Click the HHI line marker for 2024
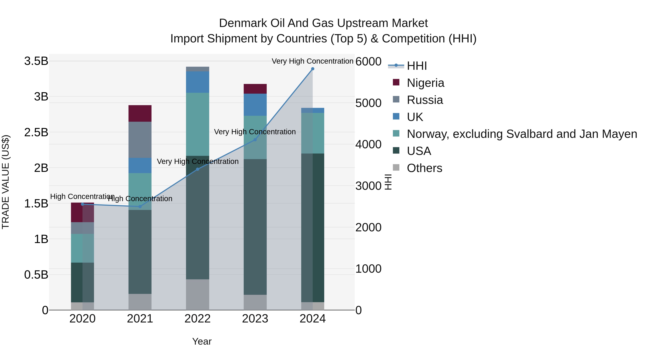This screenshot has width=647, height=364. click(x=313, y=69)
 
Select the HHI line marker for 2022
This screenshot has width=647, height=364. click(x=197, y=169)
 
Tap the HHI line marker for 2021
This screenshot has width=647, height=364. click(x=140, y=207)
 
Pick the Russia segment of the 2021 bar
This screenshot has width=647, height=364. click(x=140, y=140)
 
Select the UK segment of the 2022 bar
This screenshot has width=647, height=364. click(x=197, y=82)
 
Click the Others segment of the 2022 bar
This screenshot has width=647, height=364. click(x=197, y=294)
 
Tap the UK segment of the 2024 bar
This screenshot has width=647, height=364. click(x=313, y=110)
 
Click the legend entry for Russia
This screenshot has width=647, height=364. click(x=425, y=100)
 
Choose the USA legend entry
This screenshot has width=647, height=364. click(x=419, y=151)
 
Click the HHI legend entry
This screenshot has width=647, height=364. click(x=416, y=66)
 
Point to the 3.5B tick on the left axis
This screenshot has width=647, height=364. click(x=36, y=61)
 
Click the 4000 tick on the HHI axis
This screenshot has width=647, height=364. click(x=368, y=145)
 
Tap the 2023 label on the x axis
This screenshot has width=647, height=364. click(x=255, y=319)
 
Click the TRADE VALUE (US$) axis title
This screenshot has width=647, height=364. click(x=6, y=182)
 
